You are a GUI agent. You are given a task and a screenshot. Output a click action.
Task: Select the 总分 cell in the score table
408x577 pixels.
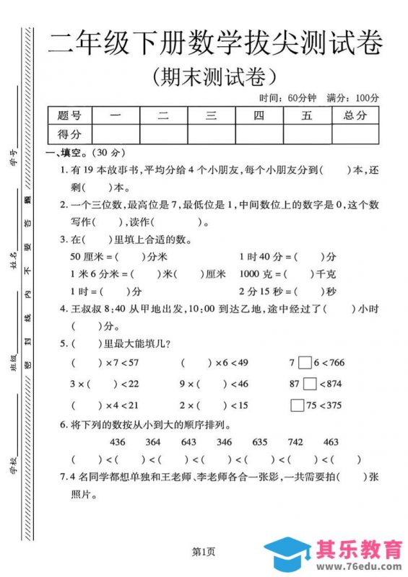point(355,115)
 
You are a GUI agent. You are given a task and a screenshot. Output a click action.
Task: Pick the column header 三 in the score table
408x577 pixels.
point(211,115)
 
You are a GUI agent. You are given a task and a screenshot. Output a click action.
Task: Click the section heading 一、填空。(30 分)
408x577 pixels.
point(75,154)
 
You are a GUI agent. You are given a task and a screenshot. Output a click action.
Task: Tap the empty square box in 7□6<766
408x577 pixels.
point(305,363)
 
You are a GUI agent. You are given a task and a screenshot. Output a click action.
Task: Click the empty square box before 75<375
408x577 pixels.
point(296,405)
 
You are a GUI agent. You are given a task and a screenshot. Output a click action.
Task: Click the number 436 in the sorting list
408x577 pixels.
point(118,441)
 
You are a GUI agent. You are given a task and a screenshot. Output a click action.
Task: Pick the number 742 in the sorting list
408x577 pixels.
point(295,441)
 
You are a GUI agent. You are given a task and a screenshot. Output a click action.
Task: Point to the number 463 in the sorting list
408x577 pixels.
point(331,441)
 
